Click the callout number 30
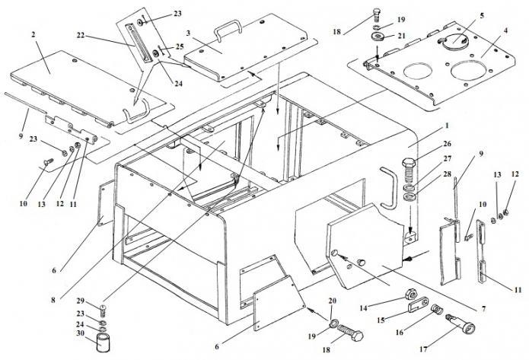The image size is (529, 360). tap(79, 333)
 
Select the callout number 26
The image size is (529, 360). tap(425, 144)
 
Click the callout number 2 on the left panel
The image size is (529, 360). tap(33, 36)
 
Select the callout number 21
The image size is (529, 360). tap(401, 35)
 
